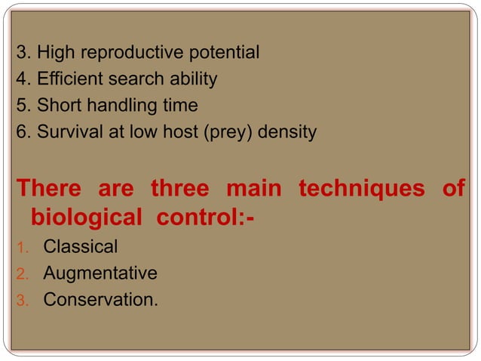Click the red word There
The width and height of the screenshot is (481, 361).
pyautogui.click(x=52, y=188)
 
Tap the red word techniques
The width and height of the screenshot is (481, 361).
pyautogui.click(x=361, y=188)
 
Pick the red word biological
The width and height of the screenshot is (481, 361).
pyautogui.click(x=87, y=218)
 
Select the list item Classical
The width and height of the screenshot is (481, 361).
pyautogui.click(x=81, y=246)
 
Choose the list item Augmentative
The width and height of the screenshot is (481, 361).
pyautogui.click(x=100, y=273)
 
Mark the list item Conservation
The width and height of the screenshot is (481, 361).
pyautogui.click(x=101, y=299)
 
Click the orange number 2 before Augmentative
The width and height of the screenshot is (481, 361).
pyautogui.click(x=22, y=273)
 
